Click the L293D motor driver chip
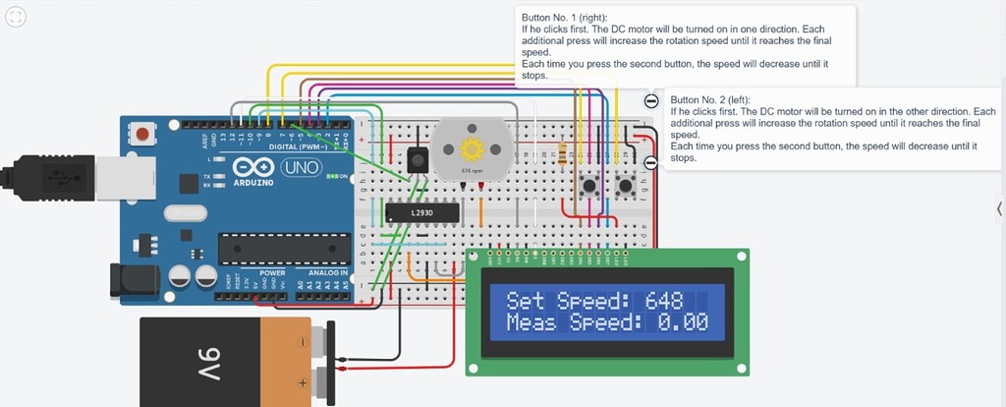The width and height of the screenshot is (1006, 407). (409, 212)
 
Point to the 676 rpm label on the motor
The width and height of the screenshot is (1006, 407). (472, 170)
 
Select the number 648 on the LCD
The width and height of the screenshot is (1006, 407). (665, 301)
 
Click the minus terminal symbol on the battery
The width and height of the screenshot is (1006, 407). (304, 343)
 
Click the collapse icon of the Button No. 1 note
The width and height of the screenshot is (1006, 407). (650, 101)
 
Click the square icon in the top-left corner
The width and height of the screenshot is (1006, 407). (18, 17)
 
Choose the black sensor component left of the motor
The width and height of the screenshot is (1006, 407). (416, 157)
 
